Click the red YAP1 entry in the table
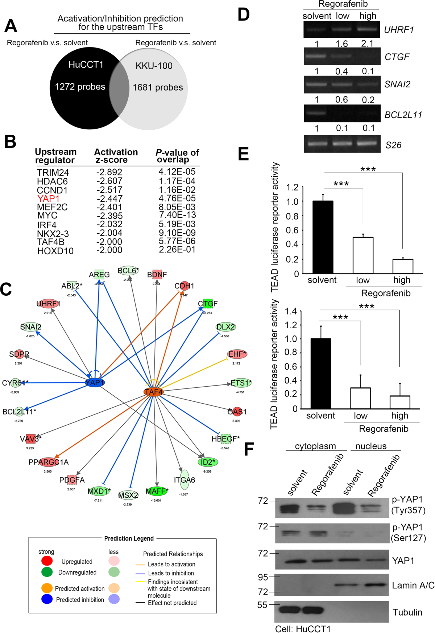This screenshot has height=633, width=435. pyautogui.click(x=48, y=199)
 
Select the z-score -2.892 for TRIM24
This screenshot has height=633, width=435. pyautogui.click(x=109, y=172)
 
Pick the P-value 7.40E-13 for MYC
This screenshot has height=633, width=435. pyautogui.click(x=177, y=215)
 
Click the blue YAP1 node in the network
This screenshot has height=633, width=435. pyautogui.click(x=95, y=383)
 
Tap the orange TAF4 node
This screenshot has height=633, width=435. pyautogui.click(x=153, y=392)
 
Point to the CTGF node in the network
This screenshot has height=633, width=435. pyautogui.click(x=208, y=304)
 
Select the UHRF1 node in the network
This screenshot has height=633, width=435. pyautogui.click(x=48, y=304)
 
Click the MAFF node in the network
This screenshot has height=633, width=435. pyautogui.click(x=157, y=491)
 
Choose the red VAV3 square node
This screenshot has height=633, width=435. pyautogui.click(x=30, y=439)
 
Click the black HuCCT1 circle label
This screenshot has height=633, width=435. pyautogui.click(x=86, y=65)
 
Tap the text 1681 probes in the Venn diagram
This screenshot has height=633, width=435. pyautogui.click(x=158, y=88)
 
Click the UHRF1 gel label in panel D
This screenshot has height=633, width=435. pyautogui.click(x=399, y=30)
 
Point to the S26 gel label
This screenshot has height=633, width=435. pyautogui.click(x=393, y=145)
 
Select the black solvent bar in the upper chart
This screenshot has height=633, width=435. pyautogui.click(x=323, y=237)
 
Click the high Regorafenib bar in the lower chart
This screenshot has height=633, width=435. pyautogui.click(x=400, y=402)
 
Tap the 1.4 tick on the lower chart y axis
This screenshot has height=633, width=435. pyautogui.click(x=291, y=311)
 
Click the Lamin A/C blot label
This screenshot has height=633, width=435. pyautogui.click(x=413, y=585)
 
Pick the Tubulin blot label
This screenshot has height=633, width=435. pyautogui.click(x=407, y=612)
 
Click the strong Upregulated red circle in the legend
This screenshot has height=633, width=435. pyautogui.click(x=47, y=561)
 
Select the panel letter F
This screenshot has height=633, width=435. pyautogui.click(x=249, y=449)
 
